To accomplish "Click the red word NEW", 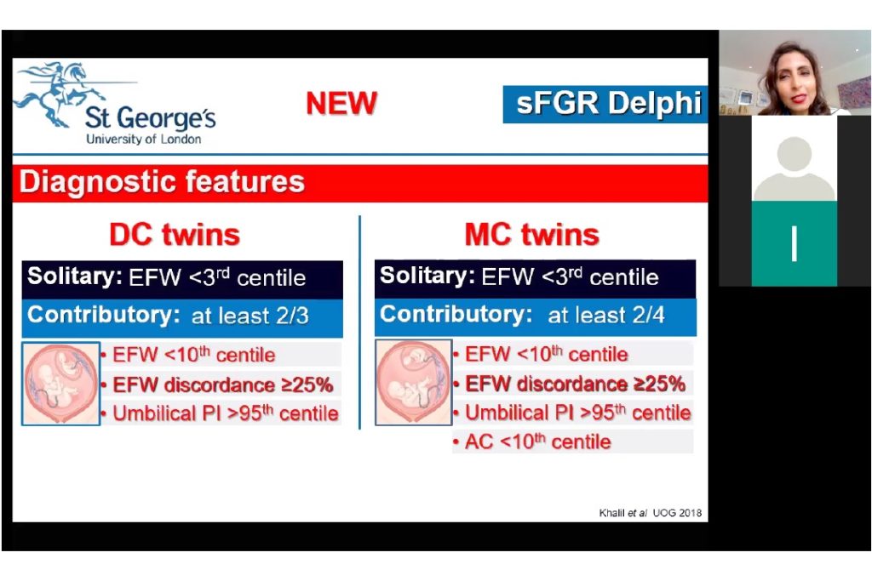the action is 341,103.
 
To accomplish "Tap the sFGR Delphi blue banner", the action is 605,104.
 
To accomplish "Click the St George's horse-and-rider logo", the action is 60,91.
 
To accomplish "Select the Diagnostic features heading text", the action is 162,182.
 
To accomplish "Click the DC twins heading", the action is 175,234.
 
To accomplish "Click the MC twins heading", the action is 531,234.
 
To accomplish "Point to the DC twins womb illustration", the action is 61,384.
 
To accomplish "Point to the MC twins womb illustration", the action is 414,383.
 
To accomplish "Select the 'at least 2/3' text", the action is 250,316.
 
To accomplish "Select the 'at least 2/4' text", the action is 605,315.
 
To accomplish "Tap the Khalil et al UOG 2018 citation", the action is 650,513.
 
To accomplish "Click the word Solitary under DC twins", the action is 75,276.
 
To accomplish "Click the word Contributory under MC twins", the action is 456,315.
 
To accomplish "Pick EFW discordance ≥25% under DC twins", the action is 222,384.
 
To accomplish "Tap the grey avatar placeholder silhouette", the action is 795,167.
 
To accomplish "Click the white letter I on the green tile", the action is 795,243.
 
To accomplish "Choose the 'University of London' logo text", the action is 143,139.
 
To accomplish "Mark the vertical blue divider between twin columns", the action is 360,322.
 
